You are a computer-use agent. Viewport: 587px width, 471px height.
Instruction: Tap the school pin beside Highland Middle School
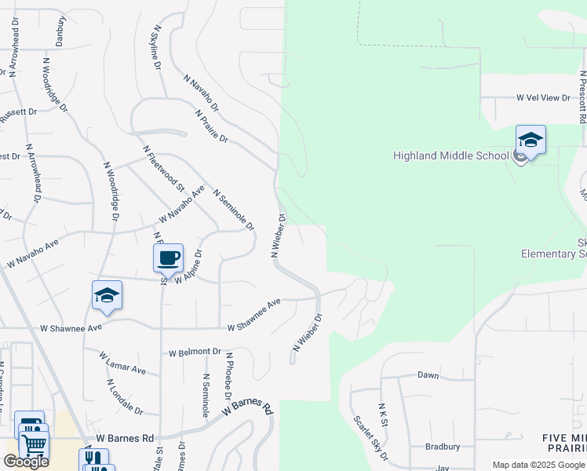(x=530, y=141)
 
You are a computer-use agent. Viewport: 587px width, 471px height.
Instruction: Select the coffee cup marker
(x=168, y=258)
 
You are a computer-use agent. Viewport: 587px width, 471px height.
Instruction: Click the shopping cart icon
(x=34, y=444)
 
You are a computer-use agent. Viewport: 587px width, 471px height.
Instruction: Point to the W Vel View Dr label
(x=543, y=97)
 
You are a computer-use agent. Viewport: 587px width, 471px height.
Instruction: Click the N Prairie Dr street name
(x=212, y=126)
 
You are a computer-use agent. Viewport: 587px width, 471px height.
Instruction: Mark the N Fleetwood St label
(x=163, y=168)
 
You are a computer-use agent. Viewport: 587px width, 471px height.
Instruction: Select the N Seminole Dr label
(x=234, y=210)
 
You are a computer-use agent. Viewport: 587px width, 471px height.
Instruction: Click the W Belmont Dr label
(x=195, y=352)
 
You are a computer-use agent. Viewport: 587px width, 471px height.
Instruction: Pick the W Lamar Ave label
(x=122, y=363)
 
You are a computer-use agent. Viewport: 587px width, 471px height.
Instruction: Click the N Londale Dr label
(x=125, y=398)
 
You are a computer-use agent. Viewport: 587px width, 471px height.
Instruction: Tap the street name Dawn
(x=428, y=375)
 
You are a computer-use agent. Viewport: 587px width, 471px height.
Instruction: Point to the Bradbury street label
(x=442, y=447)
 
